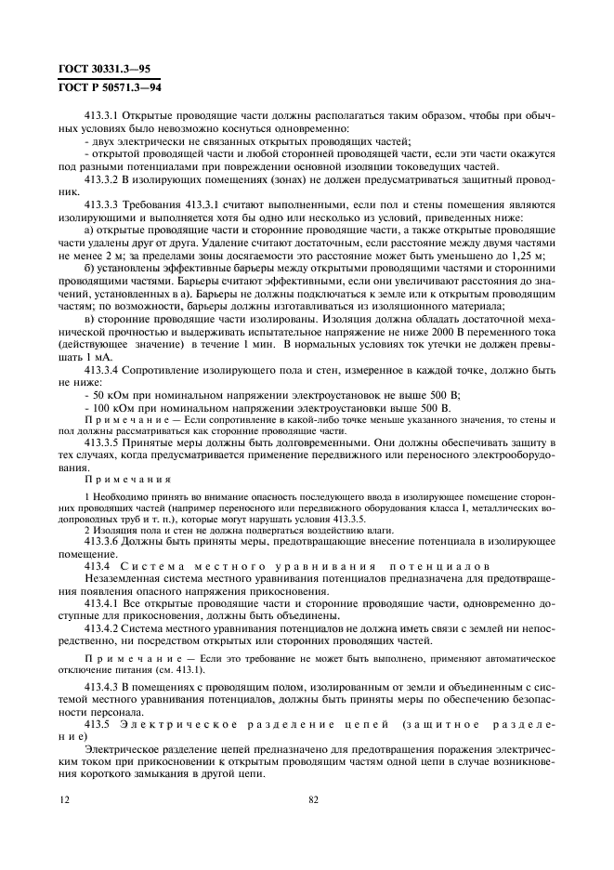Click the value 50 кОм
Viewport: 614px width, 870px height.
pyautogui.click(x=111, y=394)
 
